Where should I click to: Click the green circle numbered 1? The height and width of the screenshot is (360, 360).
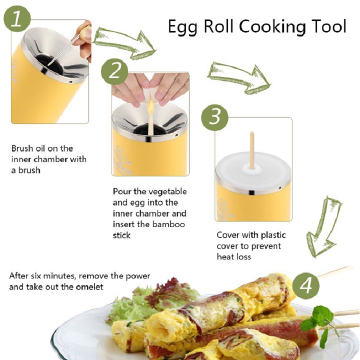17,19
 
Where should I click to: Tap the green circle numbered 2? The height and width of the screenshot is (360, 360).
114,71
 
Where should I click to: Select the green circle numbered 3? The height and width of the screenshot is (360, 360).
214,117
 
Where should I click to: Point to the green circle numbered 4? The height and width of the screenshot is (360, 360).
306,286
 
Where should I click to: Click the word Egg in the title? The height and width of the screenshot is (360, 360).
182,27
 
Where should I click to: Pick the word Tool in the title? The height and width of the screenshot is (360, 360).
329,26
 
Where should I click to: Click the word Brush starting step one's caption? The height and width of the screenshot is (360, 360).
22,148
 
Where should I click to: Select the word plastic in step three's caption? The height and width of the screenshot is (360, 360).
273,236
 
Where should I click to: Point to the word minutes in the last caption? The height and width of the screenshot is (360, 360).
59,275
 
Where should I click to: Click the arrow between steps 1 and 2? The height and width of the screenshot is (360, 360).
124,43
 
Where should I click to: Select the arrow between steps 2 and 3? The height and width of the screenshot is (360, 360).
239,78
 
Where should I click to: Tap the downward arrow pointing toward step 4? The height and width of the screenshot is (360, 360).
324,227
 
